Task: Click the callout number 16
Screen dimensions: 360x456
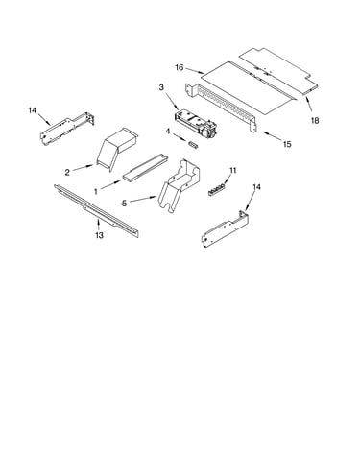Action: (x=180, y=67)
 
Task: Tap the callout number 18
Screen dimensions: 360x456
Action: (x=315, y=121)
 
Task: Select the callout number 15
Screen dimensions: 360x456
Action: (x=287, y=144)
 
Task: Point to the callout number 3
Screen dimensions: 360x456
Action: (x=161, y=87)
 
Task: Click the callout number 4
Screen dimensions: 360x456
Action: (x=168, y=132)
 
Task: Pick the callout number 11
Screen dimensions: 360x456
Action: (x=233, y=171)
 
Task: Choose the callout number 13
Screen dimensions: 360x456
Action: (x=99, y=235)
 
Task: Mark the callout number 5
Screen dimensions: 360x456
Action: (x=124, y=203)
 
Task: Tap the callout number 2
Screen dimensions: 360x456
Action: (x=67, y=173)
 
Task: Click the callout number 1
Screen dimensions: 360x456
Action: (x=96, y=192)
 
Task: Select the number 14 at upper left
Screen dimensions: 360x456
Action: (x=33, y=110)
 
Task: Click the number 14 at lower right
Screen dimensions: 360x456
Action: (x=256, y=187)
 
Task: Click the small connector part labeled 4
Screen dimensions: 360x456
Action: (x=193, y=144)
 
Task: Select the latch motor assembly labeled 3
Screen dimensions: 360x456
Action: (x=196, y=124)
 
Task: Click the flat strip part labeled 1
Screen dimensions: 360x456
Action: (x=146, y=168)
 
